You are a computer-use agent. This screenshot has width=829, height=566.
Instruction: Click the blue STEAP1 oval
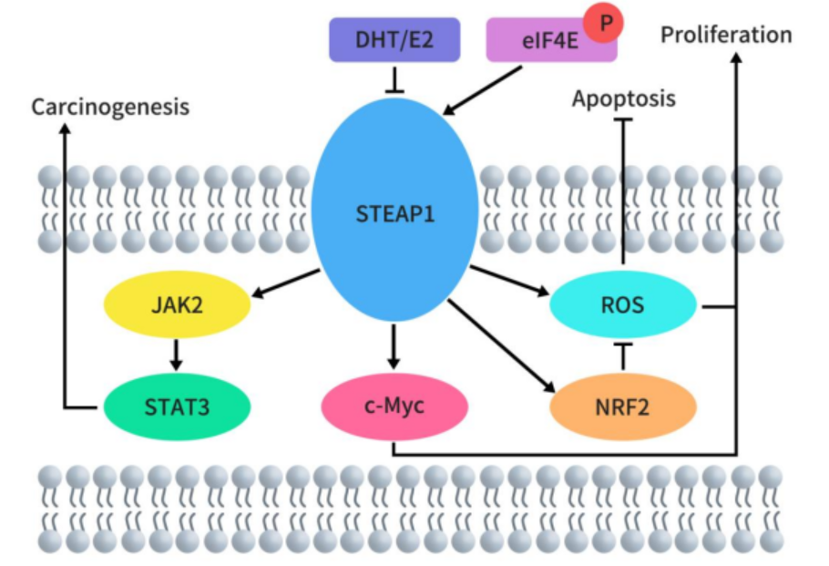(394, 215)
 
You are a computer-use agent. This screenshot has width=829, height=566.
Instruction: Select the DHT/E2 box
(394, 40)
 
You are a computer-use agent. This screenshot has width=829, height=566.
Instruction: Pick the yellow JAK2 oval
(178, 304)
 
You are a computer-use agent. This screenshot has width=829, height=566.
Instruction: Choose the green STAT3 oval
(177, 406)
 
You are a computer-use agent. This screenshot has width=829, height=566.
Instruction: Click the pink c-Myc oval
(394, 406)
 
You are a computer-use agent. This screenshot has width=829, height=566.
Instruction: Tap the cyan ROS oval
(623, 304)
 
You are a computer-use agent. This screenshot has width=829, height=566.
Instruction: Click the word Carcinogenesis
(110, 107)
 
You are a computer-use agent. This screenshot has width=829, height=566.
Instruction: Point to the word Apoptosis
(623, 98)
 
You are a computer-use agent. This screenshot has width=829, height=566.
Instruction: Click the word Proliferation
(726, 36)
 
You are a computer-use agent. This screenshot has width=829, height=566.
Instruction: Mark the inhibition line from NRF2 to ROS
(623, 355)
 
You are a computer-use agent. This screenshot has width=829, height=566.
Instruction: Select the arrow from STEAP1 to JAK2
(284, 283)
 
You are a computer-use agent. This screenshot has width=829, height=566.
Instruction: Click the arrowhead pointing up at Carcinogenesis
(64, 129)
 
